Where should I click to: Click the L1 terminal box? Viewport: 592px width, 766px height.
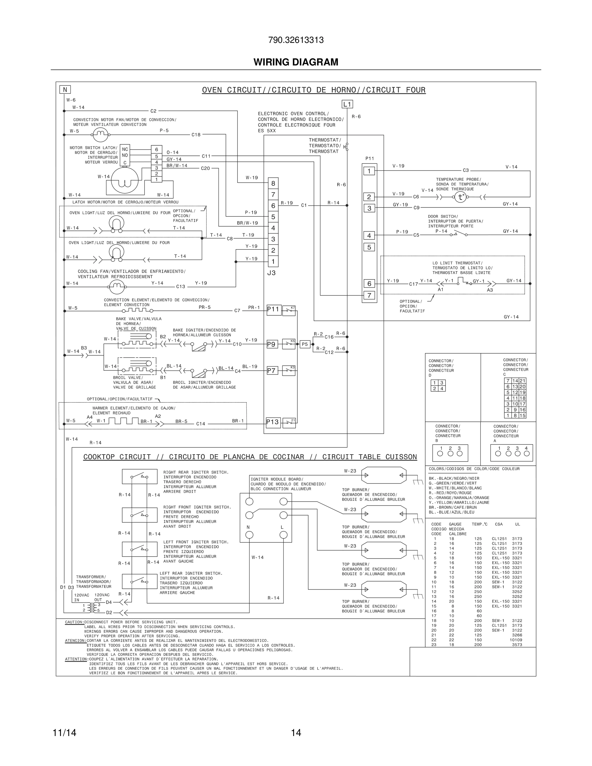(x=347, y=104)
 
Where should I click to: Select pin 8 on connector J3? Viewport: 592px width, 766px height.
(x=273, y=183)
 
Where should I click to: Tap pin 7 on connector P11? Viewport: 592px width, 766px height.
(x=369, y=295)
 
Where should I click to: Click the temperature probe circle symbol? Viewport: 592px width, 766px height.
(x=460, y=197)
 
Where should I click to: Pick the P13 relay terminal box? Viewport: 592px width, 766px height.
(x=273, y=422)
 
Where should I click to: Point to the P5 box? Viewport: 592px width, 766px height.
(x=305, y=344)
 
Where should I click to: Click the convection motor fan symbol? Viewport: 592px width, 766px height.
(x=100, y=133)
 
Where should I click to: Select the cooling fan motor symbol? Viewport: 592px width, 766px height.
(x=117, y=287)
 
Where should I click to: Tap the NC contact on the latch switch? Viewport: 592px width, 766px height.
(x=125, y=149)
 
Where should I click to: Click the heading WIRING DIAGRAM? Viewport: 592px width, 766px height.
(x=296, y=62)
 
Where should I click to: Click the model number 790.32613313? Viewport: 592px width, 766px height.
(x=296, y=40)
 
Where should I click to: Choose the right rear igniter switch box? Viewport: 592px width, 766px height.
(x=140, y=476)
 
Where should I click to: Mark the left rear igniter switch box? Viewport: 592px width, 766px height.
(x=140, y=581)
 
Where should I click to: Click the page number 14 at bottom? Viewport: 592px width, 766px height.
(x=296, y=733)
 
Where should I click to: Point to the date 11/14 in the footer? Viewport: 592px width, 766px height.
(x=64, y=733)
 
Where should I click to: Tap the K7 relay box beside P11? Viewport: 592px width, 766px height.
(x=289, y=310)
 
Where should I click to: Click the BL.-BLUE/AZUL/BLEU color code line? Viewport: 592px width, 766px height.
(x=451, y=512)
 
